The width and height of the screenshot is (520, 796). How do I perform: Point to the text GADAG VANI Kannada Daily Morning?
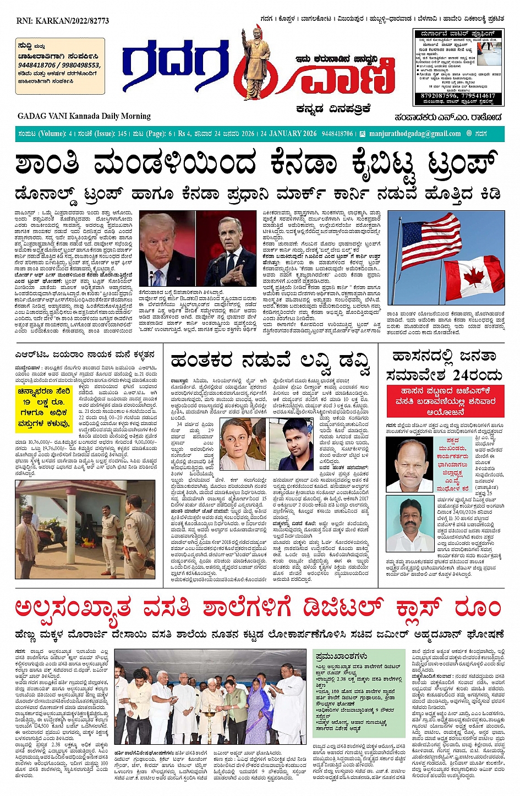(84, 116)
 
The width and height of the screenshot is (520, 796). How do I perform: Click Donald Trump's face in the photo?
(165, 242)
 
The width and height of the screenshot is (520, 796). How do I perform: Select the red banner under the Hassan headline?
(445, 401)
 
